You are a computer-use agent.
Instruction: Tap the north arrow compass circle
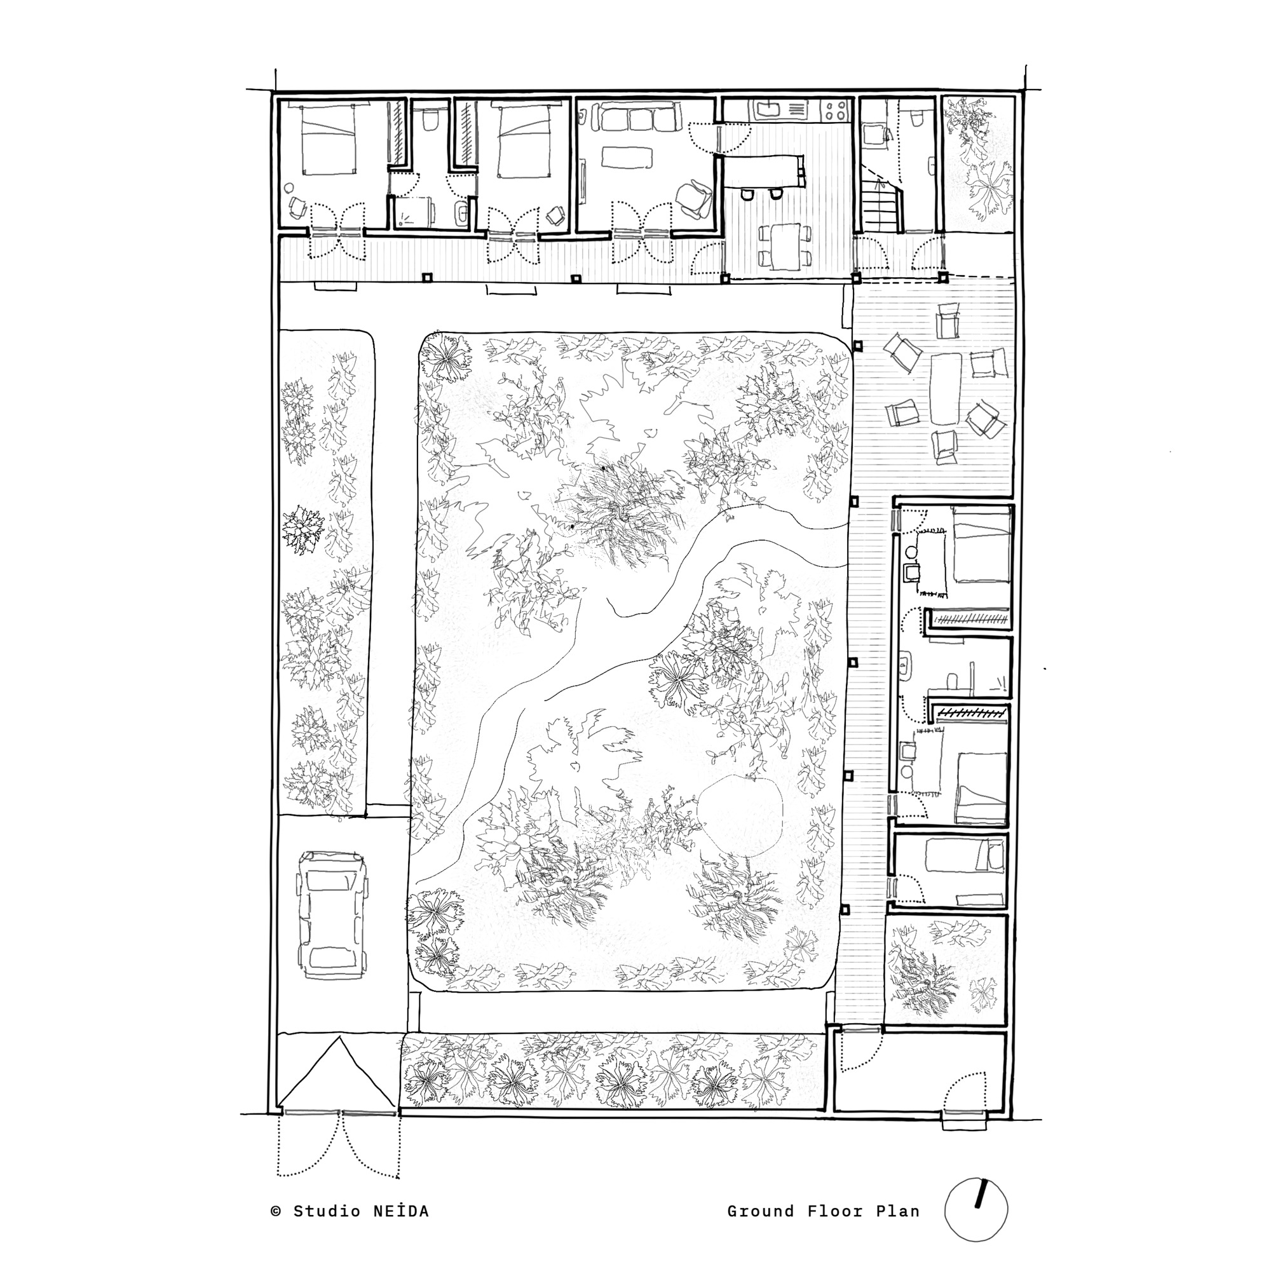click(x=975, y=1210)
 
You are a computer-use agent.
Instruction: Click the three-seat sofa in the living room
click(x=641, y=119)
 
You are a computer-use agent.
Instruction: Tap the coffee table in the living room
click(x=627, y=158)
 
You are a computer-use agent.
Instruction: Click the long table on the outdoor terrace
click(x=946, y=389)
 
